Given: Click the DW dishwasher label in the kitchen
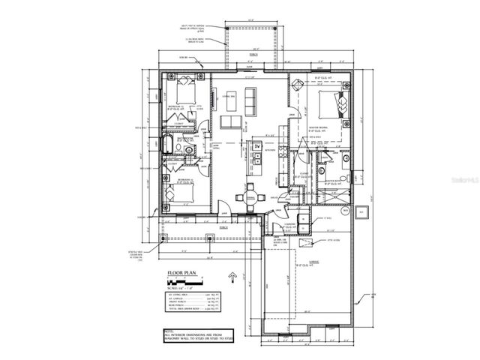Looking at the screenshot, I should tap(256, 144).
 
